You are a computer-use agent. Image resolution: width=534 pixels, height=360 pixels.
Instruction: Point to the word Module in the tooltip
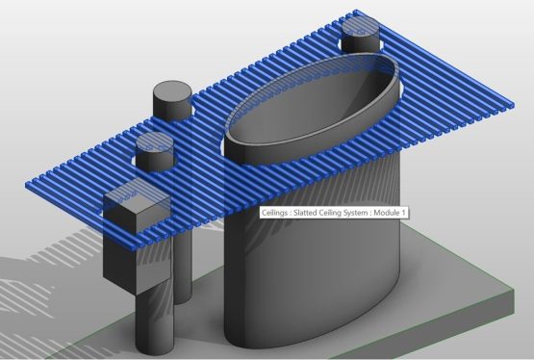coord(390,213)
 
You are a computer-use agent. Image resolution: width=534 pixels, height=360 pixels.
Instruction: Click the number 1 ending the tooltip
coord(407,213)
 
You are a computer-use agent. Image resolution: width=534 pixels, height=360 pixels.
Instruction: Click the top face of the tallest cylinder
coord(173,94)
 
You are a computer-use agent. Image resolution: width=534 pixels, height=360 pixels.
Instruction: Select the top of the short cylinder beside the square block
coord(154,144)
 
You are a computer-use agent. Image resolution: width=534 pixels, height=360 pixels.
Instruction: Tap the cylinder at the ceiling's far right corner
coord(362,37)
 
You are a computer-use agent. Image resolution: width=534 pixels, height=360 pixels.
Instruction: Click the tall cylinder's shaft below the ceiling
coord(183,260)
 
